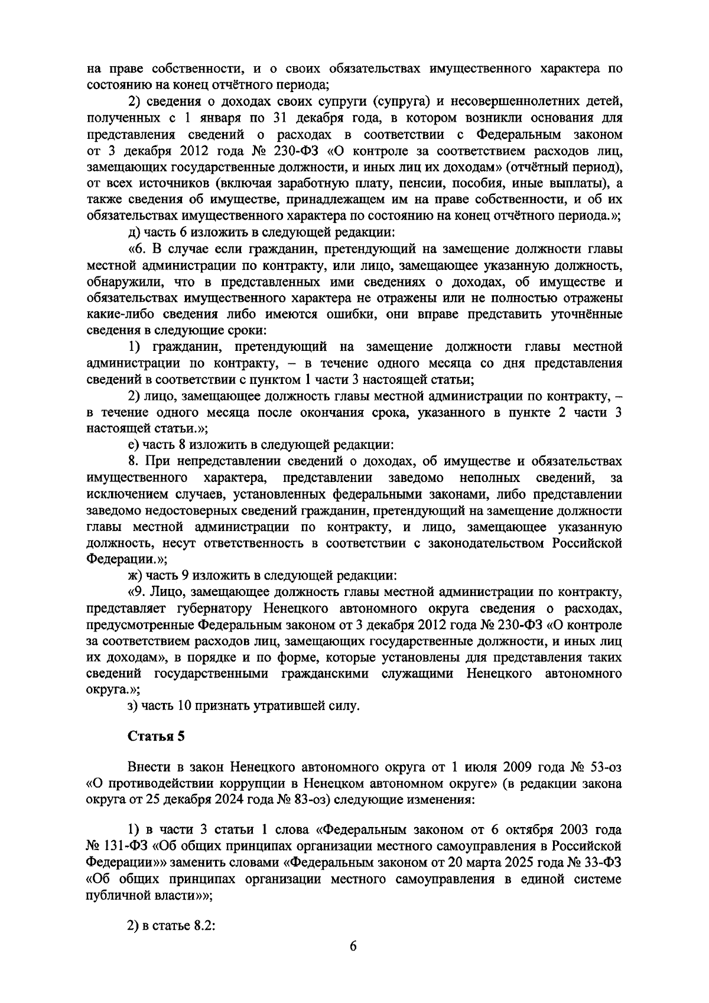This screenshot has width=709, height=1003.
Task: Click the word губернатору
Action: coord(209,608)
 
